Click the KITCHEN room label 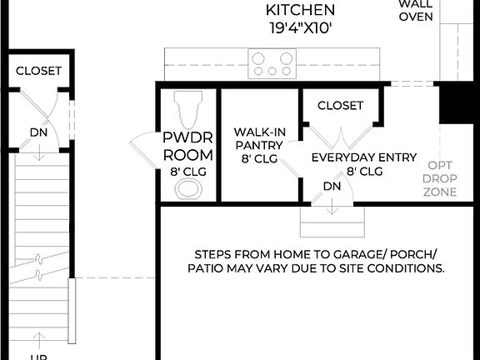(300, 11)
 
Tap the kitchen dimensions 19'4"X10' (300, 28)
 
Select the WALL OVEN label (416, 11)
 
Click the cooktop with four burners (272, 64)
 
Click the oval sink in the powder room (188, 189)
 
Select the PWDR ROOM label (187, 147)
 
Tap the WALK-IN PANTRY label (258, 139)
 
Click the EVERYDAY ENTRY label (347, 156)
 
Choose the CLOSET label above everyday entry (340, 106)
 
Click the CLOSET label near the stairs (38, 71)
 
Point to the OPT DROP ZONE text (439, 178)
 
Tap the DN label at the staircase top (39, 132)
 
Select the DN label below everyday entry (332, 186)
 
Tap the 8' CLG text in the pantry (258, 157)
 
